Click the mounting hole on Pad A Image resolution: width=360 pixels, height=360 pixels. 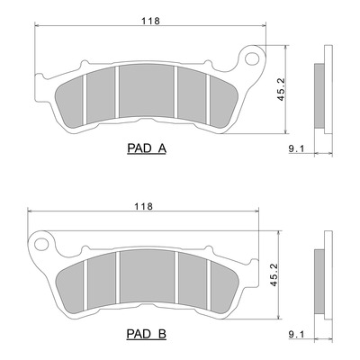click(252, 58)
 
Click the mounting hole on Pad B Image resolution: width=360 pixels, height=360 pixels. click(41, 244)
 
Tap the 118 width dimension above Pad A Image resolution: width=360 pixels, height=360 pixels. click(150, 21)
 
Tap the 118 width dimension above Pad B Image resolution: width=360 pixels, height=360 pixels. click(143, 206)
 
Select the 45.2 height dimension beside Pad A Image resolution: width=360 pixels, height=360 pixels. click(281, 89)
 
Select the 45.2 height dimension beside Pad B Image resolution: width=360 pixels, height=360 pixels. click(274, 274)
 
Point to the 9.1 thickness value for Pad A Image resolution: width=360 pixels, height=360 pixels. click(296, 148)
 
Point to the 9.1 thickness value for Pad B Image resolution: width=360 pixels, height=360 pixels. click(296, 334)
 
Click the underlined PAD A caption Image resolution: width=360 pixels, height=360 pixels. click(147, 148)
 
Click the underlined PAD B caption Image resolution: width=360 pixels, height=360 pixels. click(147, 334)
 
